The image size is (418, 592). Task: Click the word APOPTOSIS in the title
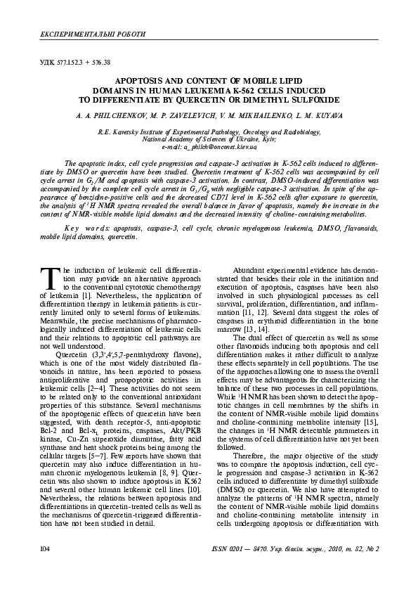click(141, 82)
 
